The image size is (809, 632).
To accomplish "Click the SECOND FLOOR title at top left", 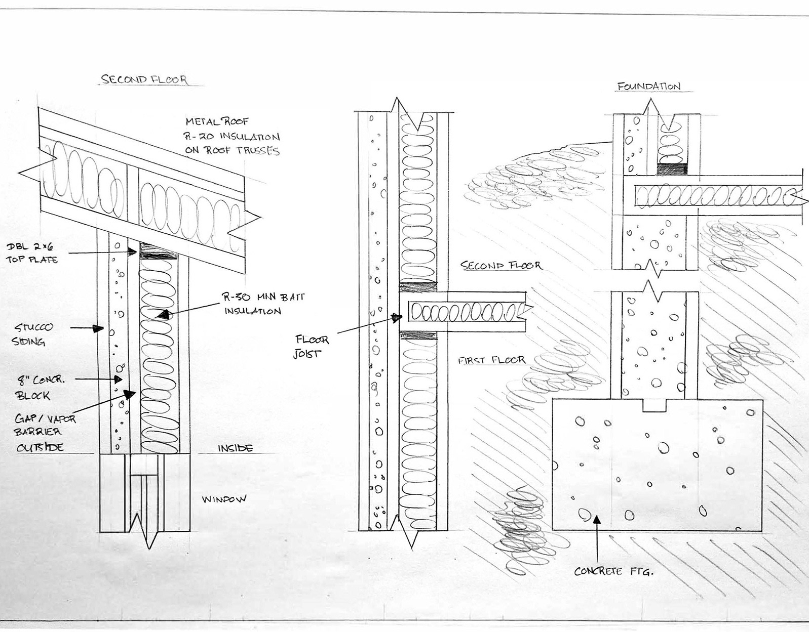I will (x=144, y=79).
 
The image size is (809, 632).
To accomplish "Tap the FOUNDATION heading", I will (x=648, y=87).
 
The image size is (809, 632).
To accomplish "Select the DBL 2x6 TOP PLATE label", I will (x=31, y=253).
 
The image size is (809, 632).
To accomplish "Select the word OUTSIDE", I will (x=41, y=447).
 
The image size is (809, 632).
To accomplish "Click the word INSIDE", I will (x=235, y=448).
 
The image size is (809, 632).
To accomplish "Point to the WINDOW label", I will (x=224, y=499).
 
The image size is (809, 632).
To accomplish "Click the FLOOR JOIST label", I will (x=311, y=347).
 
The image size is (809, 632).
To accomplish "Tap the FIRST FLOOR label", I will (x=491, y=360).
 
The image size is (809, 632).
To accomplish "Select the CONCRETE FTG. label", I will (x=614, y=572).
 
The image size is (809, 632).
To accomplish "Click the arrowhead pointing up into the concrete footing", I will (x=597, y=519).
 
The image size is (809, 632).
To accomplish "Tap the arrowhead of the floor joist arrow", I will (x=399, y=318).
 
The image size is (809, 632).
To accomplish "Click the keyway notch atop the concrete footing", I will (x=656, y=405).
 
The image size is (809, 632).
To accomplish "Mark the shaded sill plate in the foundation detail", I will (x=672, y=170).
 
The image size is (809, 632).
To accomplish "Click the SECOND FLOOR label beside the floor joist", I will (x=500, y=265).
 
